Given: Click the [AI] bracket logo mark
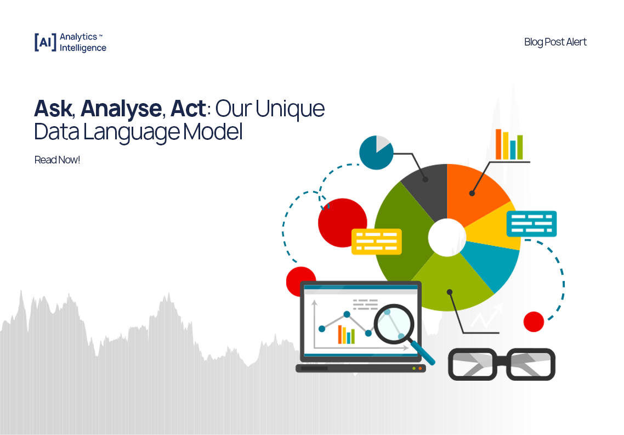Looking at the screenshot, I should pyautogui.click(x=45, y=42).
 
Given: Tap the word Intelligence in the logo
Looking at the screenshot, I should pyautogui.click(x=83, y=48).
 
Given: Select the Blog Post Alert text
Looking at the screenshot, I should pyautogui.click(x=555, y=42).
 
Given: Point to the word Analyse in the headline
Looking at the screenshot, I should pyautogui.click(x=121, y=109).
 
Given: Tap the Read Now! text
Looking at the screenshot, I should pyautogui.click(x=57, y=160).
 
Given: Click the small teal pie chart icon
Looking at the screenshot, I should pyautogui.click(x=376, y=152).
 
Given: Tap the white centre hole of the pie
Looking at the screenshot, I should pyautogui.click(x=446, y=237).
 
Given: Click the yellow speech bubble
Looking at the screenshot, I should pyautogui.click(x=376, y=241).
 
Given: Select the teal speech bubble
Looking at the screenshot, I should pyautogui.click(x=531, y=223).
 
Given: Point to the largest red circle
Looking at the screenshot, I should pyautogui.click(x=342, y=223).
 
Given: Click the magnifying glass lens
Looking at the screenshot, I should pyautogui.click(x=394, y=324).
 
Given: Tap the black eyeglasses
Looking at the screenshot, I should pyautogui.click(x=501, y=364).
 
